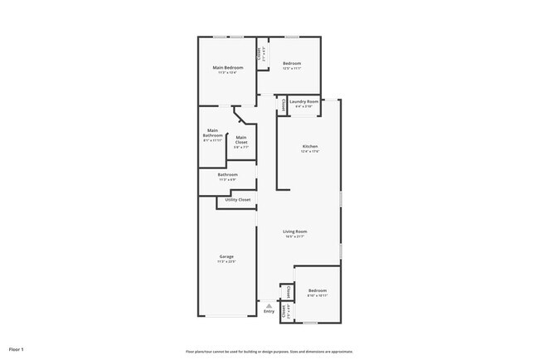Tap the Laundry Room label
click(x=303, y=102)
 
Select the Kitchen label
click(x=308, y=147)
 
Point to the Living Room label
click(x=295, y=231)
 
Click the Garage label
click(x=226, y=256)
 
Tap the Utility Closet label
click(x=238, y=200)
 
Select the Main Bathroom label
click(x=213, y=133)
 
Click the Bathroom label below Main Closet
click(x=228, y=174)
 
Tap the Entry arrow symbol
click(x=269, y=305)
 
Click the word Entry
click(x=269, y=312)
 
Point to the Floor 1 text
click(x=17, y=349)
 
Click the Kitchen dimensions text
click(x=308, y=152)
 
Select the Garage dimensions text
click(x=226, y=261)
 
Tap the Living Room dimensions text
click(x=295, y=236)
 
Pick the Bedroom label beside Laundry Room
click(x=291, y=63)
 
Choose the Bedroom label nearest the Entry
click(x=318, y=290)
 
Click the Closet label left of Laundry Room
click(x=284, y=105)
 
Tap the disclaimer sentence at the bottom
click(x=269, y=351)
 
